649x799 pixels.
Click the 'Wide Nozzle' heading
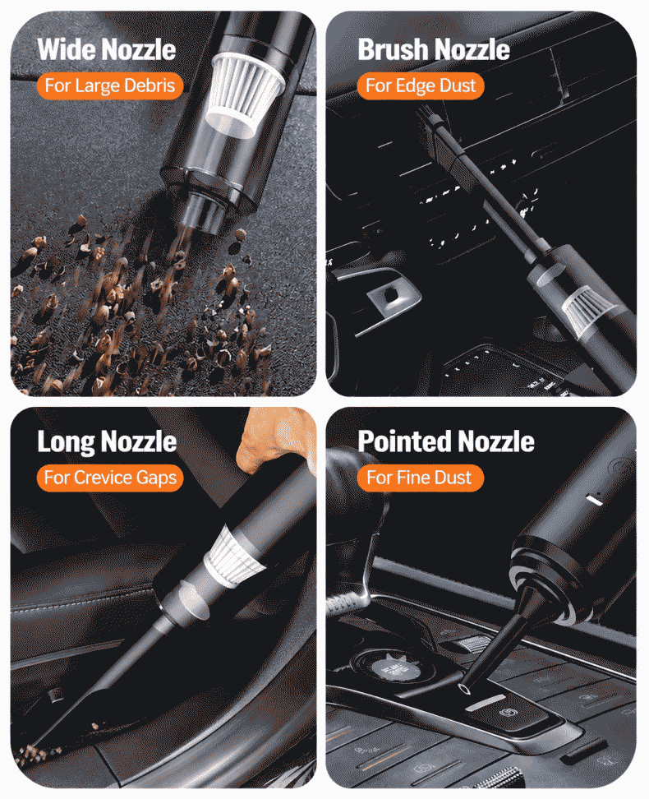(107, 49)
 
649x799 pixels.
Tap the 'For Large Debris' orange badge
(109, 85)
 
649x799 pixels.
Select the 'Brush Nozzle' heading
(434, 49)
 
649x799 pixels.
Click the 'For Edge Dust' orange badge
(421, 85)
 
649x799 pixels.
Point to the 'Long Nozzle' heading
(107, 441)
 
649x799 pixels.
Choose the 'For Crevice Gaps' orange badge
(109, 478)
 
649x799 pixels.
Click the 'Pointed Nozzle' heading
(446, 441)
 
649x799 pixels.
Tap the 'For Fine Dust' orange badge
(420, 478)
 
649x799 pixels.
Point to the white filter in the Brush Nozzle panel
(587, 309)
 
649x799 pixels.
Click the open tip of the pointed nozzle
(464, 689)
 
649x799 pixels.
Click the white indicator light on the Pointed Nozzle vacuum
(595, 500)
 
